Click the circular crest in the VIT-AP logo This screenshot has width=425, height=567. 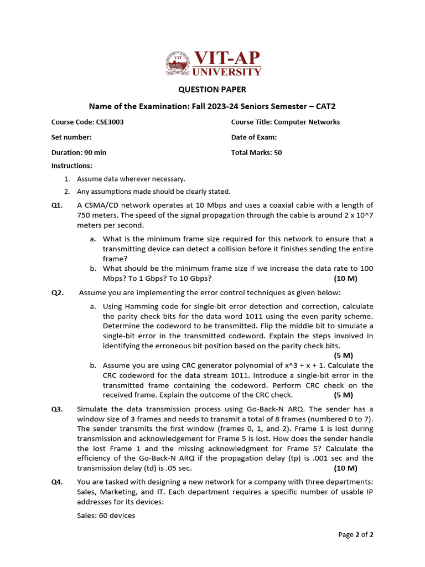click(x=178, y=63)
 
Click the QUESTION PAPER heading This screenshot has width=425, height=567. click(x=212, y=90)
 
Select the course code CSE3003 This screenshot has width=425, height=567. click(x=110, y=122)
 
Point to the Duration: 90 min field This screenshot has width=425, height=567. click(x=79, y=153)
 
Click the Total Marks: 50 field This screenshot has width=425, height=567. click(x=256, y=153)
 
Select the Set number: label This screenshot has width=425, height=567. click(x=71, y=137)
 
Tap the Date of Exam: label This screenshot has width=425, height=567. click(x=254, y=137)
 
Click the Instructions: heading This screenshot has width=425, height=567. click(x=72, y=166)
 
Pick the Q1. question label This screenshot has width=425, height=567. click(x=58, y=205)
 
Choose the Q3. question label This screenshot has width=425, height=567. click(x=58, y=409)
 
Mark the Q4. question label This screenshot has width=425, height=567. click(x=58, y=482)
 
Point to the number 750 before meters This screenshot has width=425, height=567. click(x=84, y=215)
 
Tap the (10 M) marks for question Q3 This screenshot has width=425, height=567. click(x=346, y=468)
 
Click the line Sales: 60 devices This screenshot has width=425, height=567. click(x=106, y=516)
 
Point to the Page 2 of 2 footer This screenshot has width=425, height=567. click(x=356, y=535)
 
